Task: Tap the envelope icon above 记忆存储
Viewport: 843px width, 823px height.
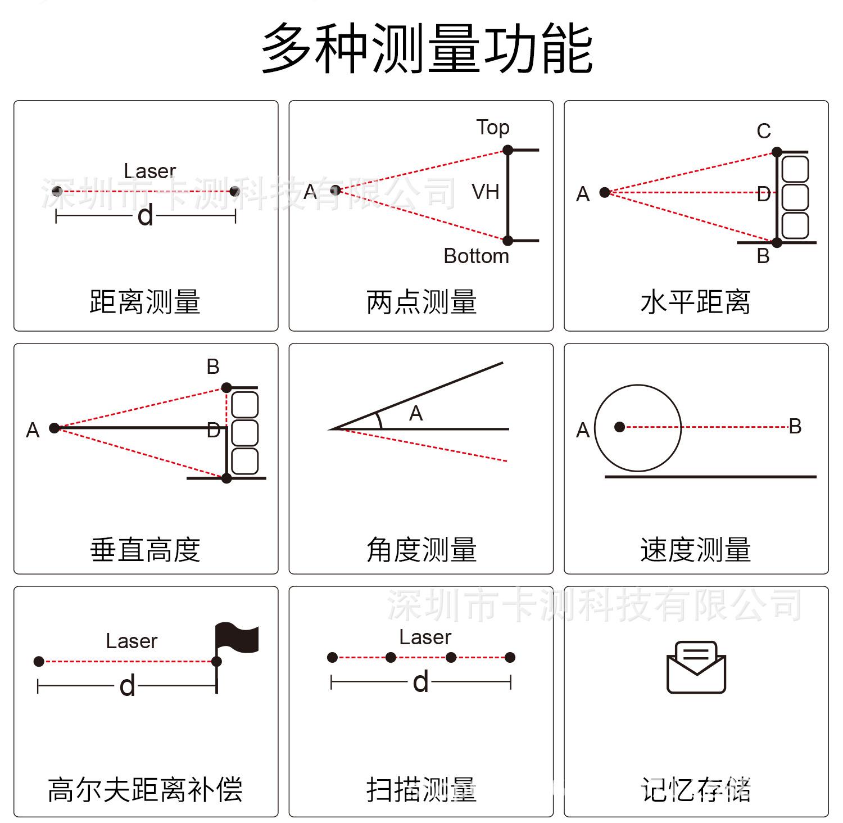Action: [696, 667]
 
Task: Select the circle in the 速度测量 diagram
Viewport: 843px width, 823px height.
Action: [638, 428]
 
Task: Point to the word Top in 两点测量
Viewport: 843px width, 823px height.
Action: [493, 128]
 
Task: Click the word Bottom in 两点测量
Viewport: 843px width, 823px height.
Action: [476, 256]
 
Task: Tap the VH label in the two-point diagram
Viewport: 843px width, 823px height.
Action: [486, 192]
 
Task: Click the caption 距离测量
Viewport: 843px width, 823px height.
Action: [145, 302]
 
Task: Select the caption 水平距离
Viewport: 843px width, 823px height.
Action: [696, 302]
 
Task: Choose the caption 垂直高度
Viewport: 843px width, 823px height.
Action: [145, 550]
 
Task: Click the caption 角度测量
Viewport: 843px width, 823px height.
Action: [421, 550]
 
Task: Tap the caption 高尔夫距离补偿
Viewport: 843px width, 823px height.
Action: [145, 790]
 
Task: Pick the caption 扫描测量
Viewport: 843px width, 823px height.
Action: [421, 790]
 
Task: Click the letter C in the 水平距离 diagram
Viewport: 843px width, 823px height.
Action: [763, 132]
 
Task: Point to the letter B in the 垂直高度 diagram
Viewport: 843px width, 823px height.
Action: [213, 367]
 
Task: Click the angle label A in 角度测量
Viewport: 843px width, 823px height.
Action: [416, 414]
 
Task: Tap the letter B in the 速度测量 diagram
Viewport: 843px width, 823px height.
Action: [795, 427]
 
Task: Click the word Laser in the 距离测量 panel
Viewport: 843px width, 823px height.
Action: [149, 171]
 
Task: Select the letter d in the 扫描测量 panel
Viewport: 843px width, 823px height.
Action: [421, 682]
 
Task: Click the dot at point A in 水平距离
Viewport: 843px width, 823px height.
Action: [605, 193]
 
